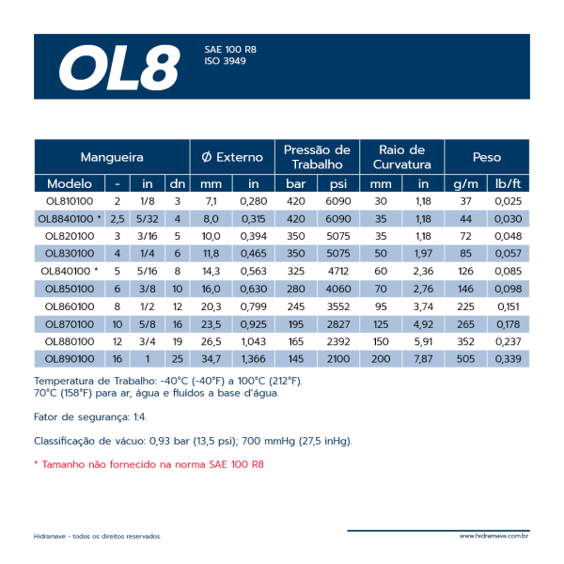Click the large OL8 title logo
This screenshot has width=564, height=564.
tap(118, 66)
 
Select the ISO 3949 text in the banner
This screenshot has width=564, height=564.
tap(226, 60)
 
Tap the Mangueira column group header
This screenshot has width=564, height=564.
tap(111, 157)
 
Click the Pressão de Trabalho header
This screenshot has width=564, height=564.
tap(317, 157)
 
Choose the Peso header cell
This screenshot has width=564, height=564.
tap(486, 157)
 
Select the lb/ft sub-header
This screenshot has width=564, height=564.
tap(507, 183)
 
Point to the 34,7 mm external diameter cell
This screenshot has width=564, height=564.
tap(211, 359)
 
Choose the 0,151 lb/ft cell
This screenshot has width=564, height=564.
tap(507, 306)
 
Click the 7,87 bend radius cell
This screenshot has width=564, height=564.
tap(423, 359)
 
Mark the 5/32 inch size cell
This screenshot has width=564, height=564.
tap(147, 219)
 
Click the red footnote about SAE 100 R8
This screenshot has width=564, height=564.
tap(149, 464)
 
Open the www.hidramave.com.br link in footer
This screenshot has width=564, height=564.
tap(493, 537)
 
